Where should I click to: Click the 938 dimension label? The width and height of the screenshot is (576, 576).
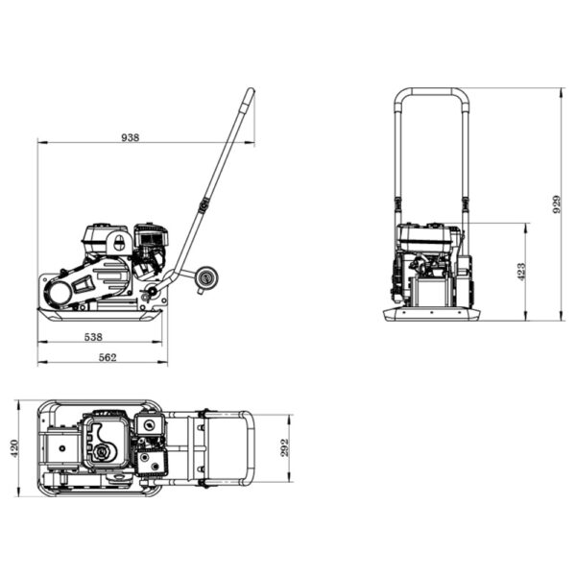131,137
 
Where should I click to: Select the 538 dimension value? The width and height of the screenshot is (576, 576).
93,337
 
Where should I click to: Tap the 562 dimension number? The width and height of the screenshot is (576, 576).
108,357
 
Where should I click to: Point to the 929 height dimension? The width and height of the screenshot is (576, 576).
557,204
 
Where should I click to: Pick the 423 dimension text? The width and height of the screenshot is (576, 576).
521,272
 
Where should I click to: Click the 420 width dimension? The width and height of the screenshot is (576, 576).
14,448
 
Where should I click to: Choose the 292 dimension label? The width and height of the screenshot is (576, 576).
285,447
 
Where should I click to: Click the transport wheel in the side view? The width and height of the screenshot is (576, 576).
205,278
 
